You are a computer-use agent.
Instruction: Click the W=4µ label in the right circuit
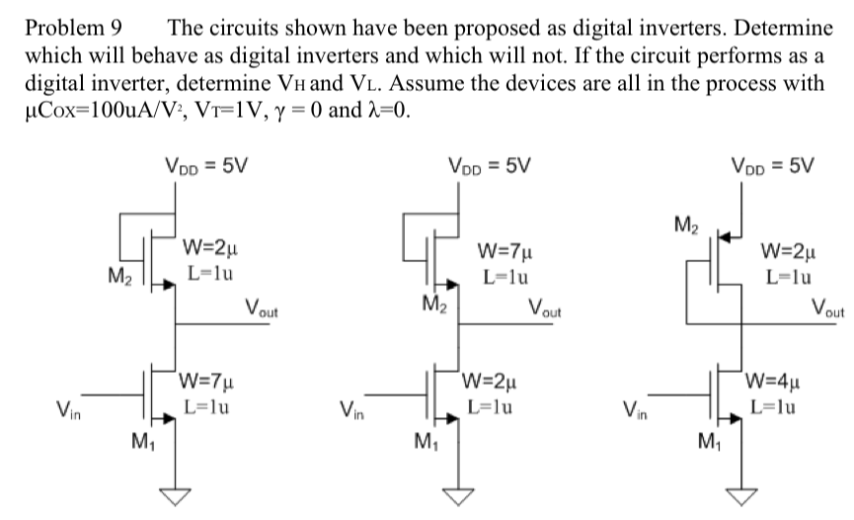775,379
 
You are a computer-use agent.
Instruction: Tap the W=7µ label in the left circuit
208,379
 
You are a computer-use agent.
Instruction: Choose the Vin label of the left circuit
66,409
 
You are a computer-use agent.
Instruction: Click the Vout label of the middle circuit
545,308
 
